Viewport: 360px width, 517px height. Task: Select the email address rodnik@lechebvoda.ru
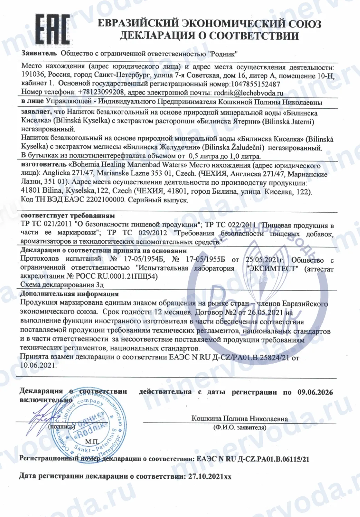pyautogui.click(x=248, y=92)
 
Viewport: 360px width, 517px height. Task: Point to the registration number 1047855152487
pyautogui.click(x=256, y=84)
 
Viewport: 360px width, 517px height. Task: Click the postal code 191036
pyautogui.click(x=33, y=75)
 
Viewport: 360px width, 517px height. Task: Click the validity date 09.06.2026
pyautogui.click(x=315, y=392)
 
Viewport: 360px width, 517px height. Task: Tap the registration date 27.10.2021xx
pyautogui.click(x=210, y=477)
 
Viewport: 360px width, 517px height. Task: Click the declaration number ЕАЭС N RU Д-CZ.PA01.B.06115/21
pyautogui.click(x=253, y=459)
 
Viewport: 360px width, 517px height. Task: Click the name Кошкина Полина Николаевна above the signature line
pyautogui.click(x=240, y=419)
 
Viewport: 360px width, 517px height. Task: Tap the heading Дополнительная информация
pyautogui.click(x=69, y=294)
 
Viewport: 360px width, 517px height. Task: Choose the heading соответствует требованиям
pyautogui.click(x=68, y=216)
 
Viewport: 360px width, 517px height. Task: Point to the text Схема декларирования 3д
pyautogui.click(x=62, y=285)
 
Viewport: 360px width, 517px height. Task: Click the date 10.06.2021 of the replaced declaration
pyautogui.click(x=38, y=365)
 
